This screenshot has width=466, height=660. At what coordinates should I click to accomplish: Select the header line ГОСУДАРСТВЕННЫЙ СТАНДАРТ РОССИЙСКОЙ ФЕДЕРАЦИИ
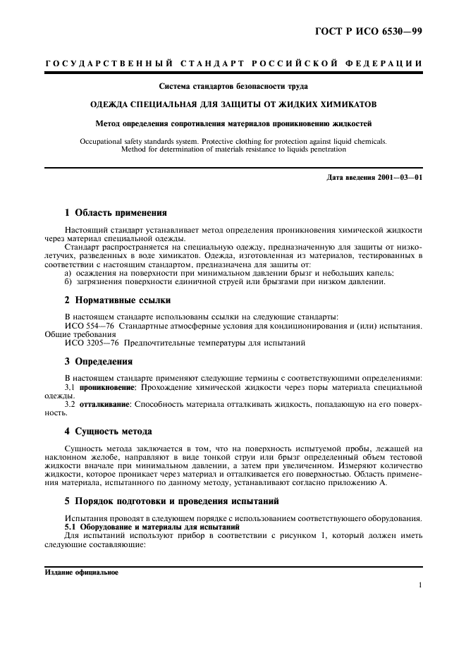click(x=233, y=64)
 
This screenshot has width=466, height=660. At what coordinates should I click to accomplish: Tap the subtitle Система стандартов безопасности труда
click(x=233, y=87)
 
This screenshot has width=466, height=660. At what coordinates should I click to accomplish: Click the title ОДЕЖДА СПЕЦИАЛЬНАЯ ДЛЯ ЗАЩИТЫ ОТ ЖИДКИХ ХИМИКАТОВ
click(x=233, y=104)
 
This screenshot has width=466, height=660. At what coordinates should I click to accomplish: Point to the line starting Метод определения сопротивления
click(x=233, y=123)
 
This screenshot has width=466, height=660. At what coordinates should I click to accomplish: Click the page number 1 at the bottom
click(x=419, y=585)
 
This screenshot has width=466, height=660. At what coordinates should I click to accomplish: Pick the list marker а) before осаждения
click(x=68, y=272)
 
